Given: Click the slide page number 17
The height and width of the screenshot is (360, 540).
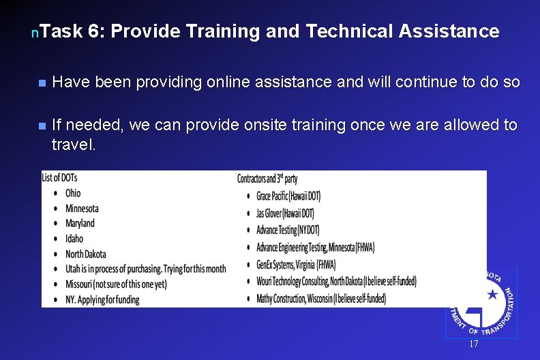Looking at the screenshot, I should (474, 344).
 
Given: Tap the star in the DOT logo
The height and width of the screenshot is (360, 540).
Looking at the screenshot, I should (492, 295).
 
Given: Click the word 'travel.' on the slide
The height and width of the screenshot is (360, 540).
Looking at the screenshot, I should (74, 145).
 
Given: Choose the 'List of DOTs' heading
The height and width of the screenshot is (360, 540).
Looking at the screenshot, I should (59, 178).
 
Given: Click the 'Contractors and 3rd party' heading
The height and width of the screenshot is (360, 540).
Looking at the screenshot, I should (267, 179).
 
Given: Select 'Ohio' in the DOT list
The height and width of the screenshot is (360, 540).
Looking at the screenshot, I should (73, 193).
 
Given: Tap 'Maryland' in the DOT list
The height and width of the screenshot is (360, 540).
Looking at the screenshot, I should (80, 223).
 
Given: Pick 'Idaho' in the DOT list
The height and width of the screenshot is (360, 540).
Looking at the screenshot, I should (74, 239).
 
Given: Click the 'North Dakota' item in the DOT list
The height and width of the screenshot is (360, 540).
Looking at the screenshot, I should (86, 254).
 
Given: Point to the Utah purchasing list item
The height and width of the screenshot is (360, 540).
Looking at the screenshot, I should (145, 269).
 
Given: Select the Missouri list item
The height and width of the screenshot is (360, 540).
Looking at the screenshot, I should (116, 284).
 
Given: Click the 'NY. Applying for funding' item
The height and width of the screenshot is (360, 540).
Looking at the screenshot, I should (102, 299).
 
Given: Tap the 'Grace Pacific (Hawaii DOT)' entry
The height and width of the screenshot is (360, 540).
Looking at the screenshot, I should (288, 196).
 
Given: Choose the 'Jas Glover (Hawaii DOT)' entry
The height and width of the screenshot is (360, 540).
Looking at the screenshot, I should (285, 213).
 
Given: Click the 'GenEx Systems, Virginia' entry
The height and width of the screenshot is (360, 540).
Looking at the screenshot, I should (305, 264).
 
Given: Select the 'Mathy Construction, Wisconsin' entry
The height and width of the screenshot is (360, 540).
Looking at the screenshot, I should (321, 298).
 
